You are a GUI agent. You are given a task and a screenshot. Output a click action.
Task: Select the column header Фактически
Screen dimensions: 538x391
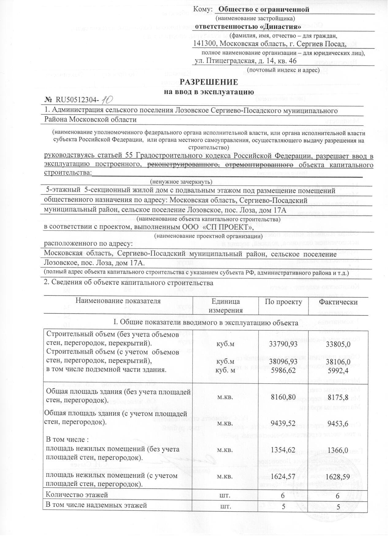[x=338, y=302]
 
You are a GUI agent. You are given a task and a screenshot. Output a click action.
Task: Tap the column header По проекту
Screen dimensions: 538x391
[x=283, y=302]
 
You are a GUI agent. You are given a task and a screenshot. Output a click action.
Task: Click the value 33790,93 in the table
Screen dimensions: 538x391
[x=283, y=344]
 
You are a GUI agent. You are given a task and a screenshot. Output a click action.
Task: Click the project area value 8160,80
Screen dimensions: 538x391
[x=283, y=397]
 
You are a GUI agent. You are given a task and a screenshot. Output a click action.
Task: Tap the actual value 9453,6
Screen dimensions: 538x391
[x=338, y=424]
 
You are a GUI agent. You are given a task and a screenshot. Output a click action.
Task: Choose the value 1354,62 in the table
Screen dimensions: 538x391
[x=283, y=450]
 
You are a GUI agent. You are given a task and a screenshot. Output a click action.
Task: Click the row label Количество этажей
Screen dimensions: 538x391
[x=77, y=495]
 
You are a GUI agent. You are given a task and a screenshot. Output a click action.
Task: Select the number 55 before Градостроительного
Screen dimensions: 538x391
[x=129, y=156]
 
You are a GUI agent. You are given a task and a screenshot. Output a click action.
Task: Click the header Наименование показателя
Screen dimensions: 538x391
[x=118, y=301]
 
